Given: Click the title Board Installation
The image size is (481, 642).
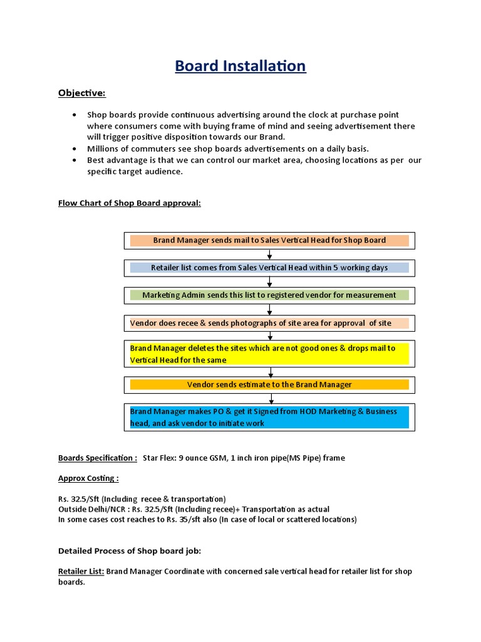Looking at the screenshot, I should tap(240, 66).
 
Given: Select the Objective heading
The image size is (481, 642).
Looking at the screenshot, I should tap(82, 93).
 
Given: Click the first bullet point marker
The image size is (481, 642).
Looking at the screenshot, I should tap(75, 115).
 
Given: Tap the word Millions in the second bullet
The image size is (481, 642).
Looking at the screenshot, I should tap(103, 149).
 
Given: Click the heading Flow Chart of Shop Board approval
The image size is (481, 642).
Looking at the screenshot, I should tap(129, 203).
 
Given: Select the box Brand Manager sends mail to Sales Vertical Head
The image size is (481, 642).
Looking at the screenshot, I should tap(269, 240).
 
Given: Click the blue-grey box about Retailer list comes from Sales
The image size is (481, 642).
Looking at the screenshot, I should tap(269, 268).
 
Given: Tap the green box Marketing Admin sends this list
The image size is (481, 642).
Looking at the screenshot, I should tap(269, 295).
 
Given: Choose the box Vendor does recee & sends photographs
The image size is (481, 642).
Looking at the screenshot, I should tap(269, 324).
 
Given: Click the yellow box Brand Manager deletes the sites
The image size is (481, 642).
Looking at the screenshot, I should tap(269, 354).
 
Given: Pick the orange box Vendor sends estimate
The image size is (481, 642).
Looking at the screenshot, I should tap(269, 384).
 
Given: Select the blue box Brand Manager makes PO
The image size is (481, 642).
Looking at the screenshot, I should tap(269, 418).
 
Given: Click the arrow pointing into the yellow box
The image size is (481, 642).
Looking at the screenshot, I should tap(269, 337).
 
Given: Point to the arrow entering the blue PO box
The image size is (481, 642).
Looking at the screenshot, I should tap(269, 399).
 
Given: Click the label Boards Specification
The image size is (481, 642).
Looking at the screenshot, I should tap(97, 458).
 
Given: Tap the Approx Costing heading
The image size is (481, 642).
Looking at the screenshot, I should tap(88, 478).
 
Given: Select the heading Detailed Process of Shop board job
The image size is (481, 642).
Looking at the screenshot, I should tap(129, 551).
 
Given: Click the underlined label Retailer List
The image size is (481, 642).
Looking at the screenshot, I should tap(81, 572).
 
